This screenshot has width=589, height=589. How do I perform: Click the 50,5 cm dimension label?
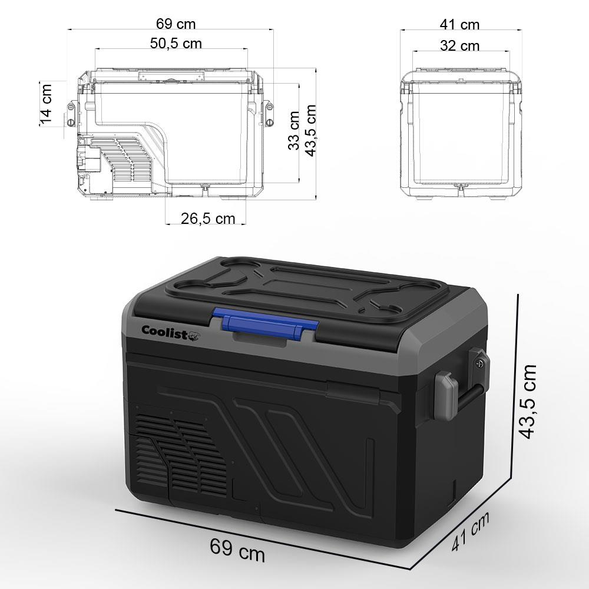[175, 44]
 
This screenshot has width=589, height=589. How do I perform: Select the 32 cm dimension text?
[460, 45]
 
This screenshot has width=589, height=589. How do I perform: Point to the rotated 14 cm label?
[47, 103]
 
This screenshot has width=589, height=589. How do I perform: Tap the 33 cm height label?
[294, 130]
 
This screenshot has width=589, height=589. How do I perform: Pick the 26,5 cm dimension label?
[207, 219]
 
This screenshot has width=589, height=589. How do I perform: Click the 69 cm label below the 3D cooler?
[237, 551]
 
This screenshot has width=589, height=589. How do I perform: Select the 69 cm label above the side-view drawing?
[176, 24]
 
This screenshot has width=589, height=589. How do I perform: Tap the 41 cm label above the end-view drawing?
[460, 24]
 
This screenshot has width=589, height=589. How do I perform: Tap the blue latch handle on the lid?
[265, 324]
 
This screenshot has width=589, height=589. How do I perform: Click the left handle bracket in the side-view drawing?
[71, 113]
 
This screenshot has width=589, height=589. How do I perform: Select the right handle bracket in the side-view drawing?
[270, 113]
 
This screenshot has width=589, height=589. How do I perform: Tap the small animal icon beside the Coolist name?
[197, 333]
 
